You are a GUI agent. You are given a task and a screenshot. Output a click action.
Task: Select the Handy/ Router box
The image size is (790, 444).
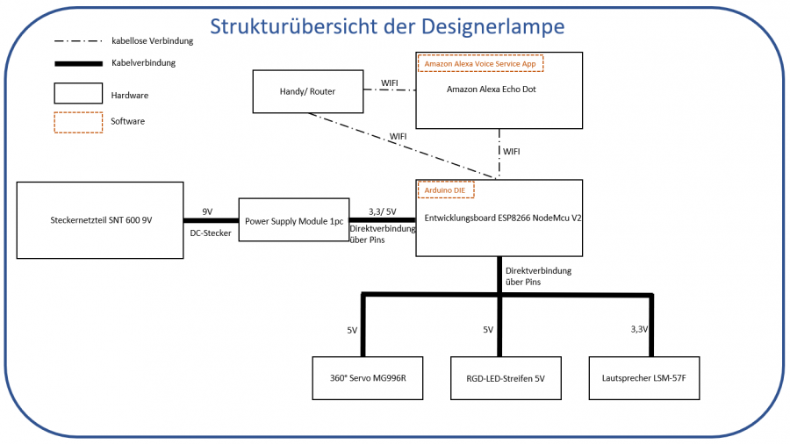coord(307,91)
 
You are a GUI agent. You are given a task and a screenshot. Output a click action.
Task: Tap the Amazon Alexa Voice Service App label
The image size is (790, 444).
coord(480,63)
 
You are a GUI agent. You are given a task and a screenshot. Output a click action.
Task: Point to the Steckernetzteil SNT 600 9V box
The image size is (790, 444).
coord(100,220)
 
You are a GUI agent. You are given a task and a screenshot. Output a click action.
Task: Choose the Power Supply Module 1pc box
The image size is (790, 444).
coord(294,220)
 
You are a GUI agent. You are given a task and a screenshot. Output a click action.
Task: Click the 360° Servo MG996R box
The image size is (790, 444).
coord(368,378)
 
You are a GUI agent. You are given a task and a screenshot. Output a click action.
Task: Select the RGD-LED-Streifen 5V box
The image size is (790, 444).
coord(505,378)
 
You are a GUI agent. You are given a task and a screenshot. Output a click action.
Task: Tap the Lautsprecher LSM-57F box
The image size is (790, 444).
coord(644,378)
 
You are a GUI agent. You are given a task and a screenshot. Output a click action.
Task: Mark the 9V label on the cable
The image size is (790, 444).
coord(207,211)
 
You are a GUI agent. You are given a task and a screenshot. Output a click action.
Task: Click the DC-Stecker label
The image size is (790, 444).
coord(211,233)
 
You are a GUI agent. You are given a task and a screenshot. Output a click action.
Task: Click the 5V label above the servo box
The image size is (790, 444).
coord(352,330)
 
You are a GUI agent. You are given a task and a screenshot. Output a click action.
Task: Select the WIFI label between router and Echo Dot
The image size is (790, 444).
coord(390,83)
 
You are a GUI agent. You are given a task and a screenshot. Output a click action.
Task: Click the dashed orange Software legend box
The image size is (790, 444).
coord(78,121)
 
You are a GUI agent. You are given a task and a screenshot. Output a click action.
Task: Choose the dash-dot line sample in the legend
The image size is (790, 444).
coord(78,41)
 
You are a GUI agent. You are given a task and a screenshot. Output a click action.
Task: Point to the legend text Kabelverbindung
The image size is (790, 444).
coord(143,63)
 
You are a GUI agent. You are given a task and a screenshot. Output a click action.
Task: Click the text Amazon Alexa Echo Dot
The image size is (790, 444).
coord(492,90)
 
